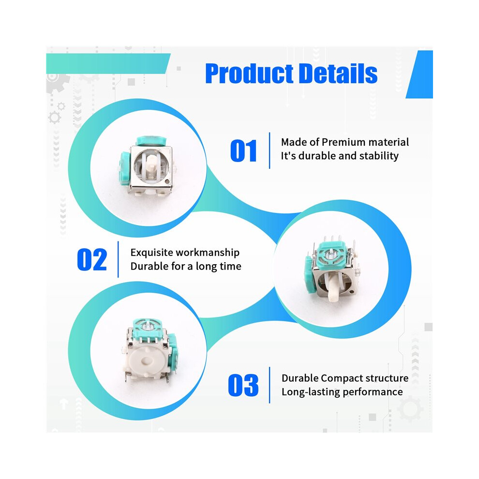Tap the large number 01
click(x=243, y=150)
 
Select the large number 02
click(x=92, y=260)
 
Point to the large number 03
click(x=243, y=385)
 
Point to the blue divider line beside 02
click(x=118, y=259)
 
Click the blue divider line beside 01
click(x=269, y=150)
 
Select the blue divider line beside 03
click(x=269, y=385)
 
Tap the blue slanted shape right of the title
click(x=421, y=75)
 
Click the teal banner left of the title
click(x=107, y=63)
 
